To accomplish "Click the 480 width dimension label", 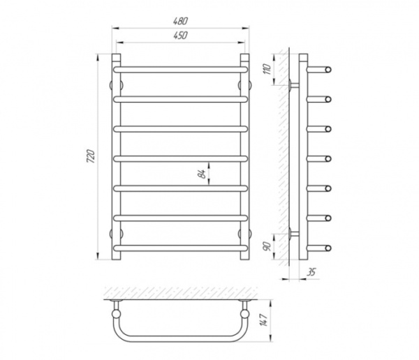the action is pos(181,21).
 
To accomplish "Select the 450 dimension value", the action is pos(181,36).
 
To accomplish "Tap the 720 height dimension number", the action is pos(91,156).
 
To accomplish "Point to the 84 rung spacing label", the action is pos(203,174).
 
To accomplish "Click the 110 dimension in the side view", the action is pos(267,70).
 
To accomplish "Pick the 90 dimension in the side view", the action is pos(267,246).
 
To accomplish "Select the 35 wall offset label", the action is pos(311,272).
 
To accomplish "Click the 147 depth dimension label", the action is pos(263,320).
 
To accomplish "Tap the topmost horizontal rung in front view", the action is pos(181,70).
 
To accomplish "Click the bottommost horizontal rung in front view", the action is pos(181,248).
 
